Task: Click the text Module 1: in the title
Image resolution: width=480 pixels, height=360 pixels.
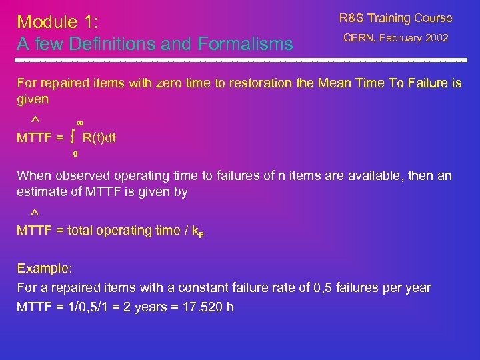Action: [57, 22]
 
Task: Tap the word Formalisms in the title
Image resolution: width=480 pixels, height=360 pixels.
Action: [245, 45]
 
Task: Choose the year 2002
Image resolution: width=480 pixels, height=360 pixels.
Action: [436, 38]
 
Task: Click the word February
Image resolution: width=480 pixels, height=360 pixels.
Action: [401, 38]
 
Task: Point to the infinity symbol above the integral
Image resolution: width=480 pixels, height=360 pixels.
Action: [79, 123]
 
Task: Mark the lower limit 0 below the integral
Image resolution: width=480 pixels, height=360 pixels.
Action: [75, 154]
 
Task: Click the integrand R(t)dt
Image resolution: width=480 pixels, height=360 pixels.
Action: [99, 138]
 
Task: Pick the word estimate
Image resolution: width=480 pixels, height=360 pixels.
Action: [40, 192]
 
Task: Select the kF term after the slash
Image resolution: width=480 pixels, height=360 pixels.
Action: [197, 231]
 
